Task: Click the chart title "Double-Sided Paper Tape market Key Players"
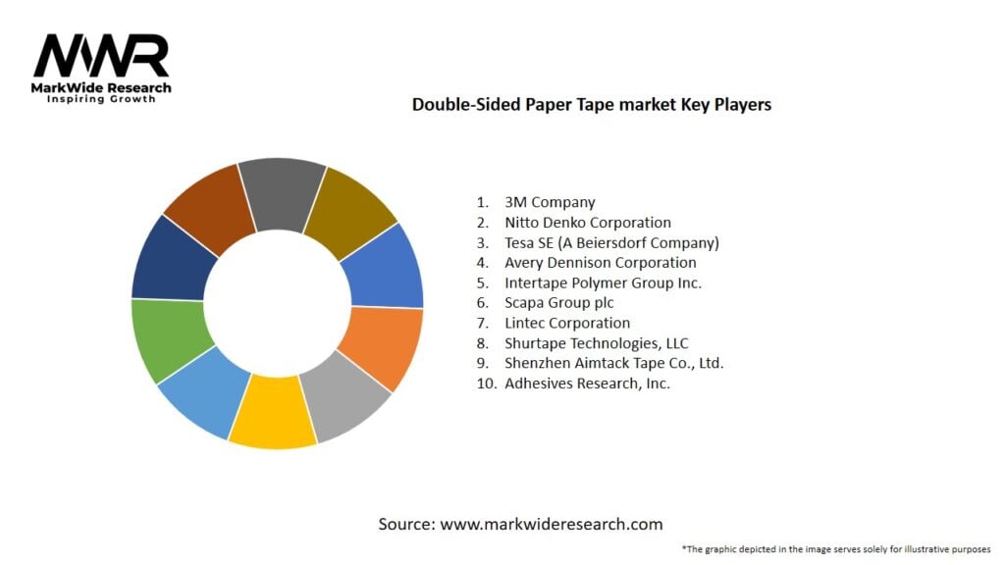coord(591,105)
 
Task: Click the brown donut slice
coord(209,205)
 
